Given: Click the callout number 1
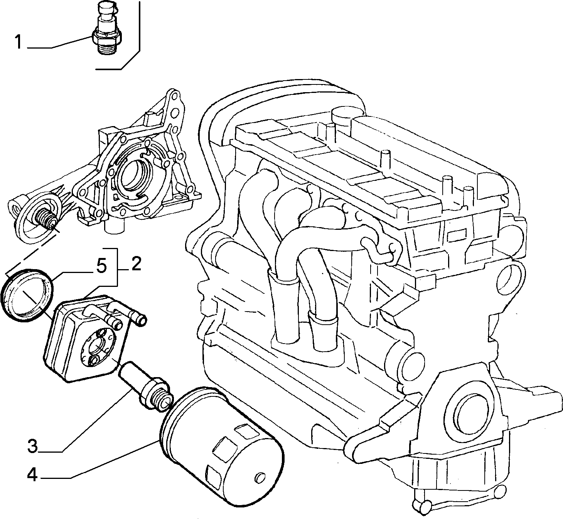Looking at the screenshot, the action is pos(19,42).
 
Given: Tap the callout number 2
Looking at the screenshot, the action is pos(137,263).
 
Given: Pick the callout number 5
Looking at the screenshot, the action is pos(101,266).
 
